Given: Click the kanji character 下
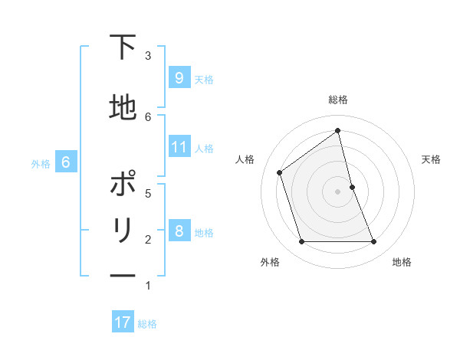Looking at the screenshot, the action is coord(123,47).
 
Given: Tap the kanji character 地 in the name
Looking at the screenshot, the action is coord(123,107).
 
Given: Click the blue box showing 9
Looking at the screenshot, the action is coord(179,78).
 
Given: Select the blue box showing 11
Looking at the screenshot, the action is coord(179,147).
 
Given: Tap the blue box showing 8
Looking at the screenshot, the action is coord(179,231).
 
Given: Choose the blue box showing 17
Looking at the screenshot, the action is coord(122,322).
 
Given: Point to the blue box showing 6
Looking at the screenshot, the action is coord(66,162).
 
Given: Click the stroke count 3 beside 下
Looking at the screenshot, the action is coord(148,55).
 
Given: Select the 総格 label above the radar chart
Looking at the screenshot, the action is coord(338,100).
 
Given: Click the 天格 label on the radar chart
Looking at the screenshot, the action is coord(431,159).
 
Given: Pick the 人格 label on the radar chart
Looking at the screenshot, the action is coord(245,159).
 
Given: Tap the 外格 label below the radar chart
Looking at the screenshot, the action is coord(269,262).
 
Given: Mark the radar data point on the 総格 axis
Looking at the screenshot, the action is coord(338,131).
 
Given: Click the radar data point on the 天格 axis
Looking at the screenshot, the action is coord(353,186).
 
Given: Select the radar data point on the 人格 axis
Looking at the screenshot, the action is coord(280,172).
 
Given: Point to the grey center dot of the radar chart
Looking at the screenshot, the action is coord(338,191).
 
